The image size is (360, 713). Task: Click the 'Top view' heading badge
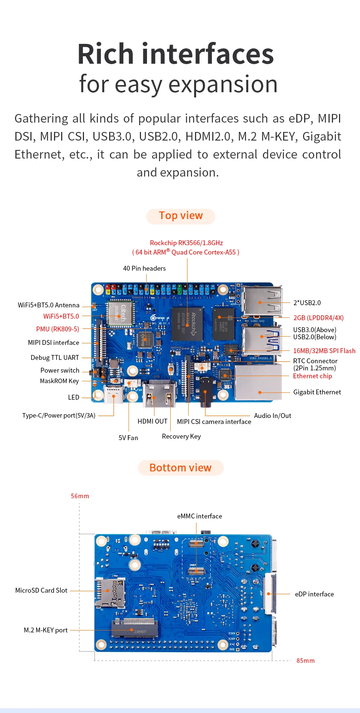(x=181, y=216)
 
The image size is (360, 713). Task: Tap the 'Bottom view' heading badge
(x=181, y=468)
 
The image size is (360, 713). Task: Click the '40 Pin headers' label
(x=144, y=268)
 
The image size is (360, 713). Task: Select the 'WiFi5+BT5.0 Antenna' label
(x=49, y=305)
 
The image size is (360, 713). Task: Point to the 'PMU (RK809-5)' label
(x=58, y=329)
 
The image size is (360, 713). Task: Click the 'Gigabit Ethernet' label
(x=317, y=392)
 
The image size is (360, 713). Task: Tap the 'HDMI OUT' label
(x=153, y=421)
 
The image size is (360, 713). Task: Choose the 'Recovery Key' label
(x=181, y=436)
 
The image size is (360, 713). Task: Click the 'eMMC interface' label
(x=199, y=516)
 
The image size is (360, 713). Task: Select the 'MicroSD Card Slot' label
(x=41, y=590)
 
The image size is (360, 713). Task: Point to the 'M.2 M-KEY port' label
(x=46, y=630)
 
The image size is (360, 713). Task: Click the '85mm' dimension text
(x=306, y=661)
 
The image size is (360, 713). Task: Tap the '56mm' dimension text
(x=80, y=496)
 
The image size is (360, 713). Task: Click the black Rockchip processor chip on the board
(x=187, y=324)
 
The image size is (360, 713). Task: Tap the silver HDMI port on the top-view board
(x=159, y=394)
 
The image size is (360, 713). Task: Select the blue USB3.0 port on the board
(x=262, y=340)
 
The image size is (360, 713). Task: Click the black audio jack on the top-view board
(x=205, y=392)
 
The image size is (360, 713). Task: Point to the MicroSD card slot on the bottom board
(x=110, y=592)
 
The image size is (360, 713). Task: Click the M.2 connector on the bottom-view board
(x=135, y=629)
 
